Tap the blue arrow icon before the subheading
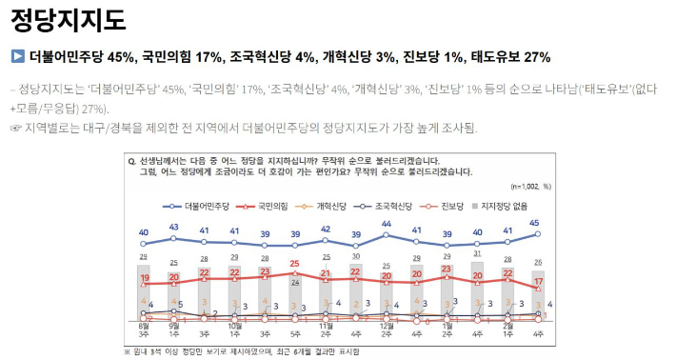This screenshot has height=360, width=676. coord(16,57)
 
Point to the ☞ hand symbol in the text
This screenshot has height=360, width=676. coord(14,128)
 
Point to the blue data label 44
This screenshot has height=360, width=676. coord(386,225)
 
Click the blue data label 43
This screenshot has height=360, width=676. coord(174,227)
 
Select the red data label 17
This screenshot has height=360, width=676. coord(540,283)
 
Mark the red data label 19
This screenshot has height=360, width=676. coord(145,278)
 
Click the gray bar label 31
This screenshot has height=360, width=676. coord(476,253)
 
